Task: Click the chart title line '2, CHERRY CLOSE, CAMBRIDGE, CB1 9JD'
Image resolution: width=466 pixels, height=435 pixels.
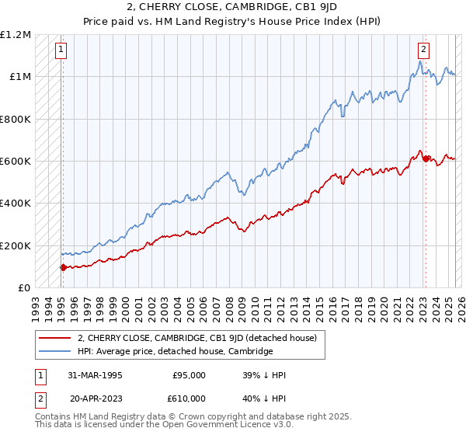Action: [234, 7]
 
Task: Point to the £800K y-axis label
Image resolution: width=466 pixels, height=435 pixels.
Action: [16, 119]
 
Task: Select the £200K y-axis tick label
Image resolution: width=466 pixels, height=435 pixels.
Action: [16, 245]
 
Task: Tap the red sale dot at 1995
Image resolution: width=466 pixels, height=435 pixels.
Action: [63, 267]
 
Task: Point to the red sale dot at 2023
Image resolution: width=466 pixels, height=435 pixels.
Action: [425, 158]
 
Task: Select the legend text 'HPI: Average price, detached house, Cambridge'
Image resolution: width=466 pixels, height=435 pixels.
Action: [175, 351]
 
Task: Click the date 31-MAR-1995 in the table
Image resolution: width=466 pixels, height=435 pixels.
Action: [95, 375]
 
